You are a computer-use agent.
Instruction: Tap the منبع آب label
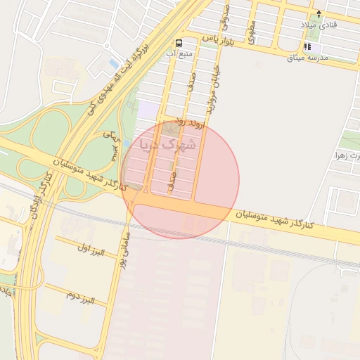[x=180, y=53]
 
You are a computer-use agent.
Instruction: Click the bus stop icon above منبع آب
[x=180, y=43]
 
